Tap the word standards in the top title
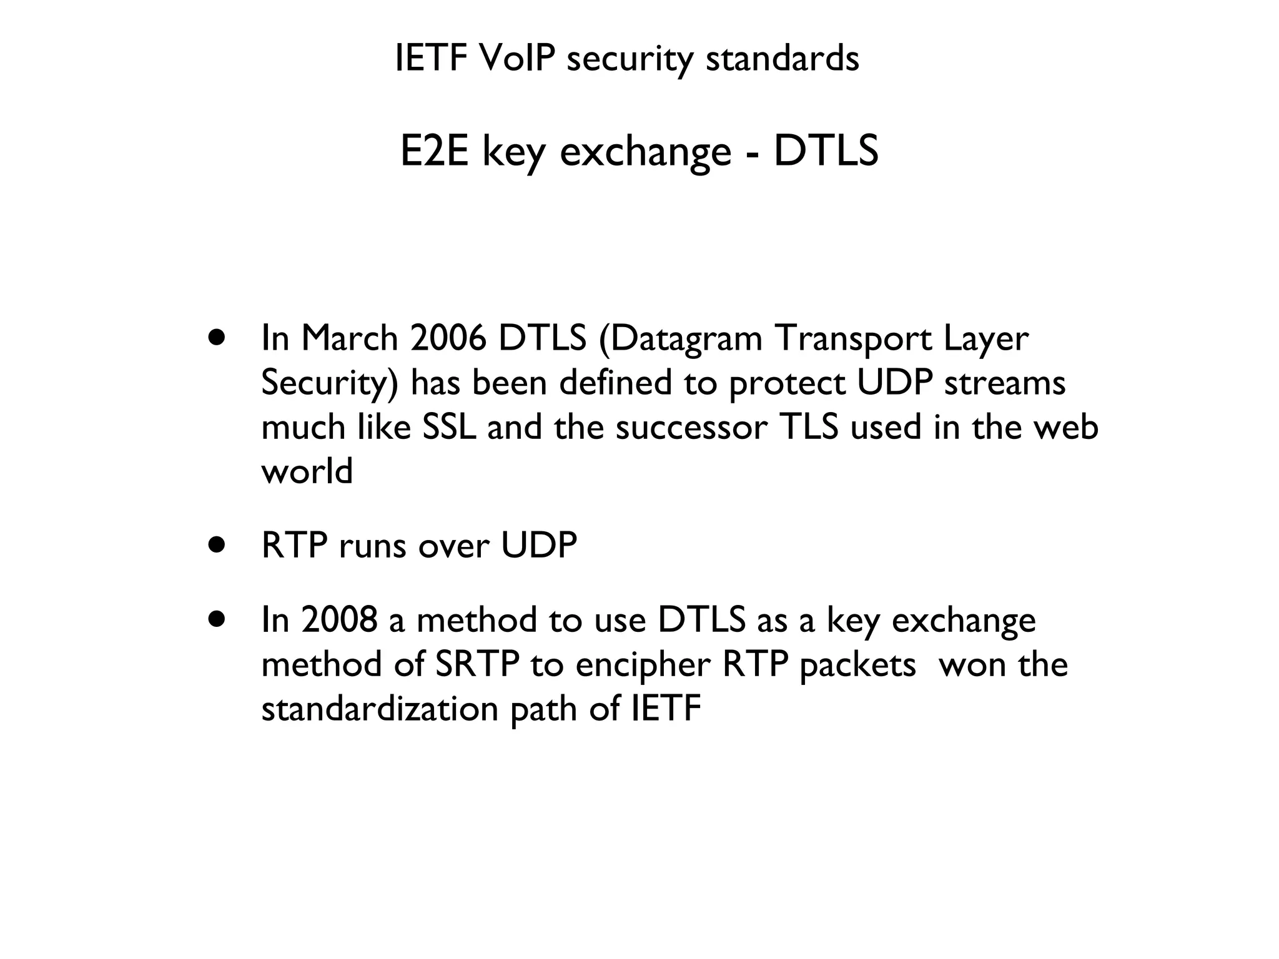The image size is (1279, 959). tap(782, 59)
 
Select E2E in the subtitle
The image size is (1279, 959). tap(434, 152)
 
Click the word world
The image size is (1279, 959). tap(307, 471)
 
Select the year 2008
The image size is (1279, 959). tap(339, 620)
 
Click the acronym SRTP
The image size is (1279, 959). tap(477, 664)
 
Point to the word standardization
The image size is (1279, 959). tap(380, 709)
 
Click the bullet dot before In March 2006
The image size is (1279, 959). tap(217, 338)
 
